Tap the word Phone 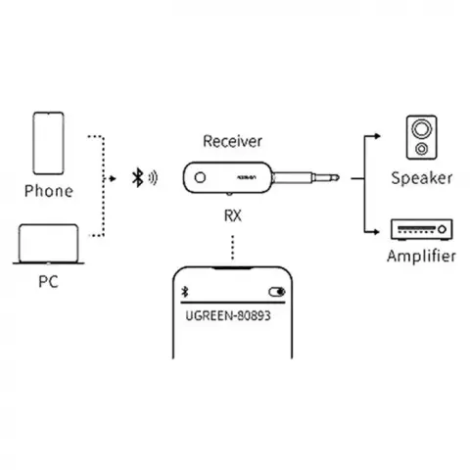coord(49,191)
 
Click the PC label coord(48,281)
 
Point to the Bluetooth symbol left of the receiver coord(138,177)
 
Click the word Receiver coord(232,141)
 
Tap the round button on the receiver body coord(200,177)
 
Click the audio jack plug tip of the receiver coord(336,177)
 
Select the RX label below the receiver coord(233,215)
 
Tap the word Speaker coord(422,178)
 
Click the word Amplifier coord(421,256)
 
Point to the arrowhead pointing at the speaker coord(377,136)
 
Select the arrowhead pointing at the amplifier coord(376,232)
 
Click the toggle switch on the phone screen coord(277,292)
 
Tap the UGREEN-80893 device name coord(228,316)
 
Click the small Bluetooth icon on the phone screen coord(185,292)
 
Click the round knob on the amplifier coord(442,229)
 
